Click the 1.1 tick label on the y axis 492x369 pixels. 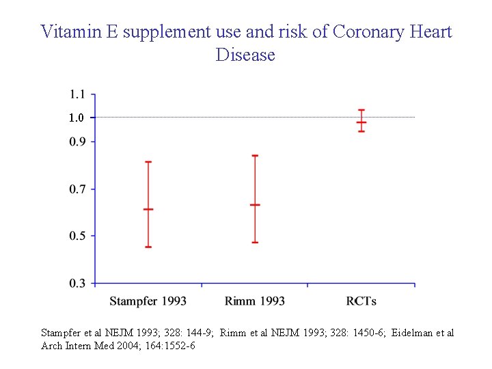77,94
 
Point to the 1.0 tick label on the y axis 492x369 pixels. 77,118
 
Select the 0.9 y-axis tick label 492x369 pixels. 77,141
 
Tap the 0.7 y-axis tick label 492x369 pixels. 77,189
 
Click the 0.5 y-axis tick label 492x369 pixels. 77,236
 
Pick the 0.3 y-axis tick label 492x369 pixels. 77,283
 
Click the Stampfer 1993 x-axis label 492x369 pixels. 148,301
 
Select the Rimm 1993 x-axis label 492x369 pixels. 254,301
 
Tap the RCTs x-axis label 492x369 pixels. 361,301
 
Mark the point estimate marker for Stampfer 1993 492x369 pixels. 148,209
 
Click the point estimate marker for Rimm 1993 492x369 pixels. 255,204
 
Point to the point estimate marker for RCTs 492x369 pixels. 361,122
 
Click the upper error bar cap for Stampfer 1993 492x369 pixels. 148,162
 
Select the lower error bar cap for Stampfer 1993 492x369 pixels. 148,247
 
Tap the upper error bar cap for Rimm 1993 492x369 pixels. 255,155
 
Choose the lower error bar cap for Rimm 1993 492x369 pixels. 255,243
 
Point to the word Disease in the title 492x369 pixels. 245,55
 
